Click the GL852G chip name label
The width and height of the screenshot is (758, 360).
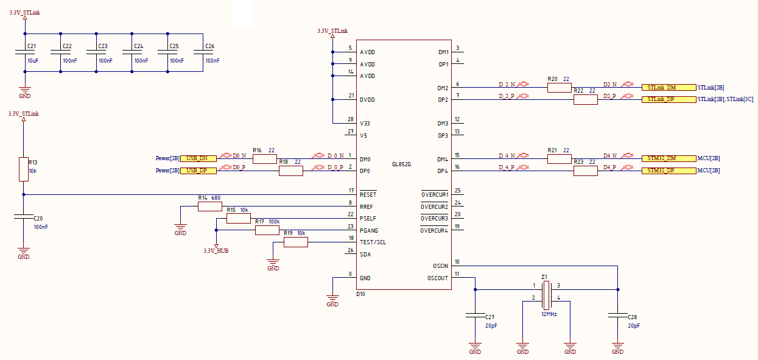tap(401, 164)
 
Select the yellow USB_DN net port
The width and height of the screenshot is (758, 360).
tap(198, 158)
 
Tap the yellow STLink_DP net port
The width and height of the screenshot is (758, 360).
tap(669, 99)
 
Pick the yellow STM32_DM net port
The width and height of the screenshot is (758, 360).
tap(669, 158)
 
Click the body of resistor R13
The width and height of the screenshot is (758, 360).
tap(24, 169)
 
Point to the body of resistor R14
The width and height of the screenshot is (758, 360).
tap(210, 206)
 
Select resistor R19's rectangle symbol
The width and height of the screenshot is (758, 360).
tap(296, 242)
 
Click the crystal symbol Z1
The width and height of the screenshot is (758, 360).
tap(546, 295)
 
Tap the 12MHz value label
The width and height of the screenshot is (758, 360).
tap(549, 314)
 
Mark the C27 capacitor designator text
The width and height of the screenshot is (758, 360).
tap(490, 317)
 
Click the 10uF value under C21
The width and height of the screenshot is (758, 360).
tap(33, 61)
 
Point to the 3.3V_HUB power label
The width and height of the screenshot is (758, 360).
tap(216, 251)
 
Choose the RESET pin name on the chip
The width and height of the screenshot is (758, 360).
tap(368, 195)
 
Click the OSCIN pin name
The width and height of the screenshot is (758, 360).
tap(440, 266)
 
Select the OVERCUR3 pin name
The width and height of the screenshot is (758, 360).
tap(435, 219)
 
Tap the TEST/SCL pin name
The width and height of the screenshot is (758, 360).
tap(373, 242)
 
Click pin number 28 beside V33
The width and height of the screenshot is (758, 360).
tap(351, 119)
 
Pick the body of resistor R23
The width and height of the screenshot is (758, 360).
tap(586, 171)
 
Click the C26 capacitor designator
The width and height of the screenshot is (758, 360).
tap(210, 46)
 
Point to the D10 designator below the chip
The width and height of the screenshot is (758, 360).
tap(360, 294)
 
